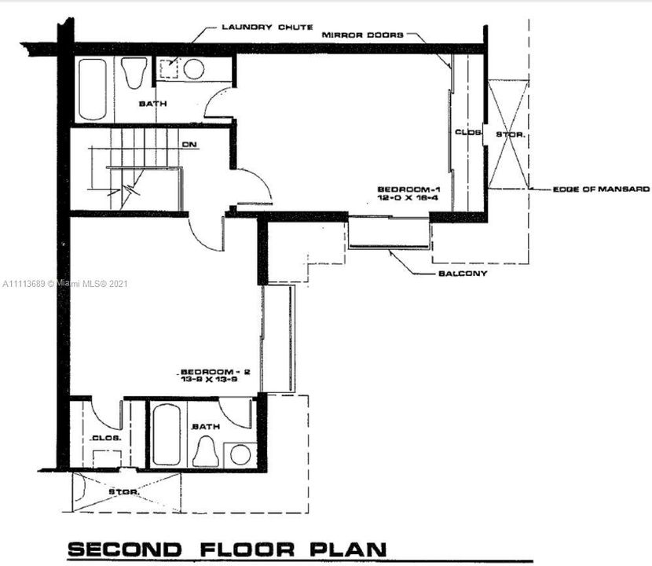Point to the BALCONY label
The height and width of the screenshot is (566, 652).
coord(463,274)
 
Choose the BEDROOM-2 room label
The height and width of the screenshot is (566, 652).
coord(208,371)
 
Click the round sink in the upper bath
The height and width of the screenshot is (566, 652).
coord(194,69)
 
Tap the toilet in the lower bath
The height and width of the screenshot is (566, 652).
coord(207,451)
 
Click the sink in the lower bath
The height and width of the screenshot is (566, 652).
coord(240,454)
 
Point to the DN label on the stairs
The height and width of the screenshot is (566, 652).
coord(189,145)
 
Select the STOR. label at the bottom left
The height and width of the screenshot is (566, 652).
coord(125,492)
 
